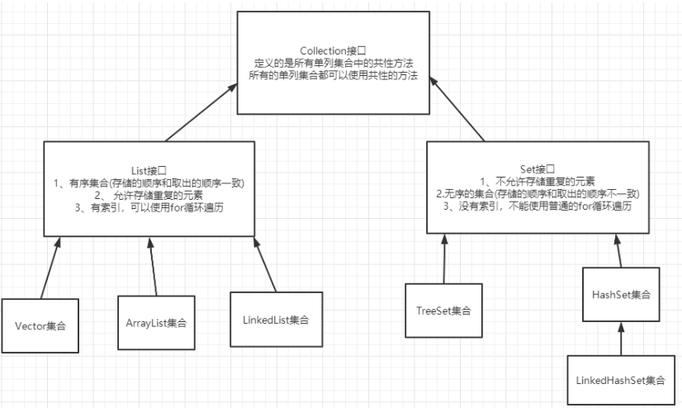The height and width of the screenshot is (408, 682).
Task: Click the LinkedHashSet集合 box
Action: (x=621, y=380)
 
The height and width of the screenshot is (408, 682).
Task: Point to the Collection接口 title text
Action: (x=334, y=51)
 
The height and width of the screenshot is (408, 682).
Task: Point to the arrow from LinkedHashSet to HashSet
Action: (x=621, y=339)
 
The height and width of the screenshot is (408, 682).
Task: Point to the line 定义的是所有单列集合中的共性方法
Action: (x=334, y=64)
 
